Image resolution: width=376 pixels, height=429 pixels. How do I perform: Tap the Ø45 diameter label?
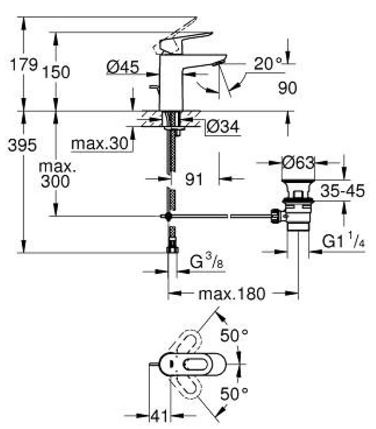tap(122, 67)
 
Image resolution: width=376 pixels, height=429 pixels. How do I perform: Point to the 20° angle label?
tap(267, 64)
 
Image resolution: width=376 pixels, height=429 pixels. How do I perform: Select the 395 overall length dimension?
tap(22, 146)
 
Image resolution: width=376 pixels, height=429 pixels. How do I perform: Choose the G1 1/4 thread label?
tap(344, 242)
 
